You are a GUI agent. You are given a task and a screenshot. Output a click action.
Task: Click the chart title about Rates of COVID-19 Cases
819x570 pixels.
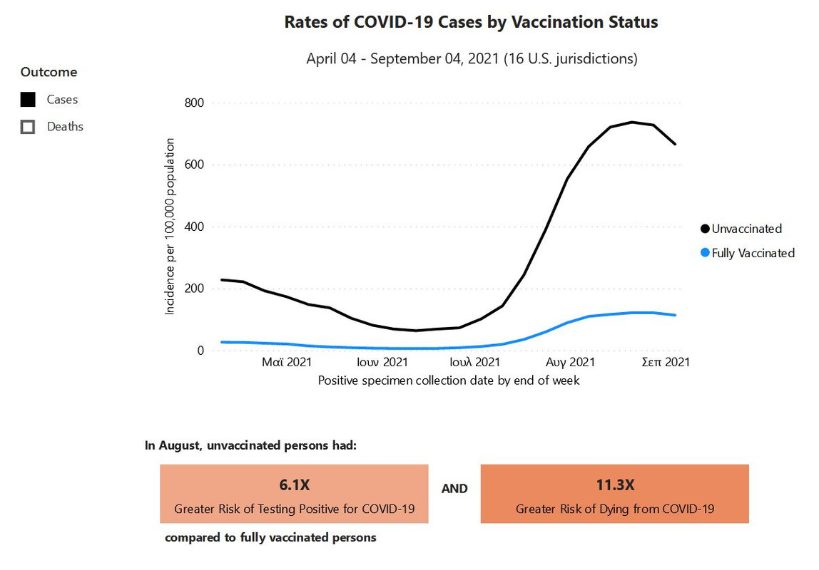[x=471, y=22]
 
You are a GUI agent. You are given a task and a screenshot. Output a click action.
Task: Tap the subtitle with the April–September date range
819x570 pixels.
[x=472, y=58]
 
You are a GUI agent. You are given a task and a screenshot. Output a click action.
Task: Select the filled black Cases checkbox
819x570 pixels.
[x=29, y=100]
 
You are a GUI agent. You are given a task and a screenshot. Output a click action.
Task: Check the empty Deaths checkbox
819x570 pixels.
[x=29, y=127]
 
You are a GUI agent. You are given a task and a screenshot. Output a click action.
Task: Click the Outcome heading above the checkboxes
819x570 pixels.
[x=49, y=72]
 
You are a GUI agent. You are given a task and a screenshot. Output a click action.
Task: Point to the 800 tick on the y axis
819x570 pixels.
[x=194, y=103]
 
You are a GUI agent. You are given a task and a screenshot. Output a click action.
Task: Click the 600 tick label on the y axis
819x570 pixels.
[x=194, y=165]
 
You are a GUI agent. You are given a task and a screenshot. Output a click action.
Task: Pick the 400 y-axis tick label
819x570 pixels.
[x=194, y=227]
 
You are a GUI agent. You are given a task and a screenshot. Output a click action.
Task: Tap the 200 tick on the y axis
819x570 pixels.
[x=194, y=289]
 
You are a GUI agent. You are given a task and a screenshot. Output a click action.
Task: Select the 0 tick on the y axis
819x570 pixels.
[x=200, y=351]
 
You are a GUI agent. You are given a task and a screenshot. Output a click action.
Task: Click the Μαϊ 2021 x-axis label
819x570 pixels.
[x=287, y=363]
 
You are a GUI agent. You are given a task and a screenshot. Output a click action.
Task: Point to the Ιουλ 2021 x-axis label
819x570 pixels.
[x=474, y=363]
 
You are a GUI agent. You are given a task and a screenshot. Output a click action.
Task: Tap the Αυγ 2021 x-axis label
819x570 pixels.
[x=571, y=363]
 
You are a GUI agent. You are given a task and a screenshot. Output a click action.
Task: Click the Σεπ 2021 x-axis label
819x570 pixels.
[x=665, y=363]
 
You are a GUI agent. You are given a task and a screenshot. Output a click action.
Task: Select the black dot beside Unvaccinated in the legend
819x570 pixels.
[x=705, y=229]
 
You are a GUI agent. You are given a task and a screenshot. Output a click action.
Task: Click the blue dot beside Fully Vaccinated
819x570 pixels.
[x=705, y=253]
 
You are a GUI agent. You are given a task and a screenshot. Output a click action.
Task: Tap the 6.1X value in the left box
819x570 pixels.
[x=294, y=485]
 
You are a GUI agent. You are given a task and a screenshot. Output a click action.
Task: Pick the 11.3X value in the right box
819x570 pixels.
[x=614, y=485]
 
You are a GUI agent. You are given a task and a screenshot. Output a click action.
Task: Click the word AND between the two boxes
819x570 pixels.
[x=454, y=489]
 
